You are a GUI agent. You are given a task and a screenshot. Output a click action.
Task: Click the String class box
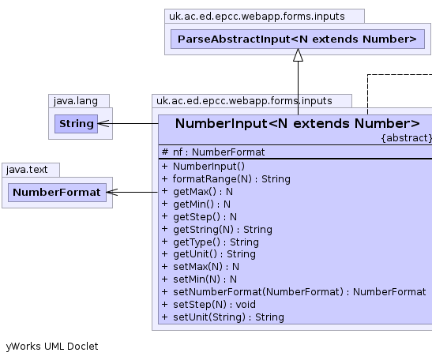tap(76, 124)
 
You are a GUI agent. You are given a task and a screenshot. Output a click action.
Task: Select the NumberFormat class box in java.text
tap(57, 193)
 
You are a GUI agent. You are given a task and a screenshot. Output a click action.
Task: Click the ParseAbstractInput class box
tap(298, 39)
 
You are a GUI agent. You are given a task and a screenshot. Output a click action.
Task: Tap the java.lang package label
tap(76, 101)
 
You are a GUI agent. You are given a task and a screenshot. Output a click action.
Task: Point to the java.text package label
tap(27, 170)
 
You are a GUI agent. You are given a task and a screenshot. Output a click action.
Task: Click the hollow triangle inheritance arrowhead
tap(298, 55)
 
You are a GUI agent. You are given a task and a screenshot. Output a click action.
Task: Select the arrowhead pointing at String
tap(103, 124)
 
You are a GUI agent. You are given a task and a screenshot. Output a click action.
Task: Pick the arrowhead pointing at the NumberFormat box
tap(112, 193)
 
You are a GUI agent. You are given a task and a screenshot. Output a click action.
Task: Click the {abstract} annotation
tap(407, 137)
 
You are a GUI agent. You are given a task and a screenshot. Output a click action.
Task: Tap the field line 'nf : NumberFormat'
tap(213, 152)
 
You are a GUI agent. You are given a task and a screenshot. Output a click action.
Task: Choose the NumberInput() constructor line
tap(203, 167)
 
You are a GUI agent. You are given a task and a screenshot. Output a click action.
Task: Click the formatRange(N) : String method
tap(226, 179)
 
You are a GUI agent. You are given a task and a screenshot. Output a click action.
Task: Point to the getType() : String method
tap(210, 242)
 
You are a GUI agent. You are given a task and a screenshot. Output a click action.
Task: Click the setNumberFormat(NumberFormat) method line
tap(294, 291)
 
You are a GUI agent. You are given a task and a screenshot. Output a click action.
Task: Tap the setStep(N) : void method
tap(208, 305)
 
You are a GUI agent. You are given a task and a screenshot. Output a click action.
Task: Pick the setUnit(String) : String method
tap(223, 317)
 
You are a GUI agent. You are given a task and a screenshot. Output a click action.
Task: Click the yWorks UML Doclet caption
tap(52, 347)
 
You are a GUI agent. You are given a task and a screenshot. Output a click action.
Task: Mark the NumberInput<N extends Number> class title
tap(298, 123)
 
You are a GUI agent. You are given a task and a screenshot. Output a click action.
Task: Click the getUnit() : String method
tap(208, 254)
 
